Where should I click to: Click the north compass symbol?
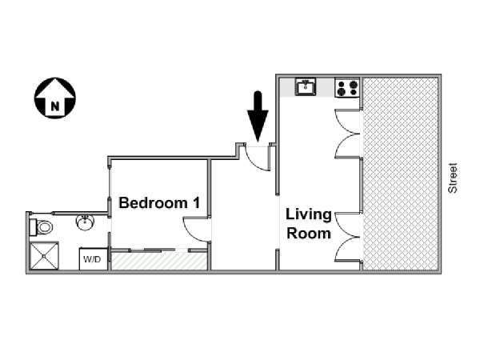click(x=55, y=98)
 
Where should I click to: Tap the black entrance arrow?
click(x=258, y=116)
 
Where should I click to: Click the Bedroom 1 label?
click(x=159, y=203)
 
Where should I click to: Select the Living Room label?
click(x=309, y=224)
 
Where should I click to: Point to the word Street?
click(x=453, y=178)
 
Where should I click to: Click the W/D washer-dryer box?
click(x=93, y=259)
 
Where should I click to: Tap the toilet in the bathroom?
click(x=41, y=227)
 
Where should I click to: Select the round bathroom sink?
click(x=85, y=222)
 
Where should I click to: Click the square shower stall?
click(x=44, y=256)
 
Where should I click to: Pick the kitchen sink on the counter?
click(x=306, y=87)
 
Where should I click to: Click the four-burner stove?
click(x=347, y=87)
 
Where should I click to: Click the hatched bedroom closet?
click(x=159, y=261)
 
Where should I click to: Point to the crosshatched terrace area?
click(x=401, y=174)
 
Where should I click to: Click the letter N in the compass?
click(x=55, y=106)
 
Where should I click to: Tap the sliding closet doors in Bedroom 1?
click(x=159, y=250)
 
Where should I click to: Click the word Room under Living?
click(x=309, y=234)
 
